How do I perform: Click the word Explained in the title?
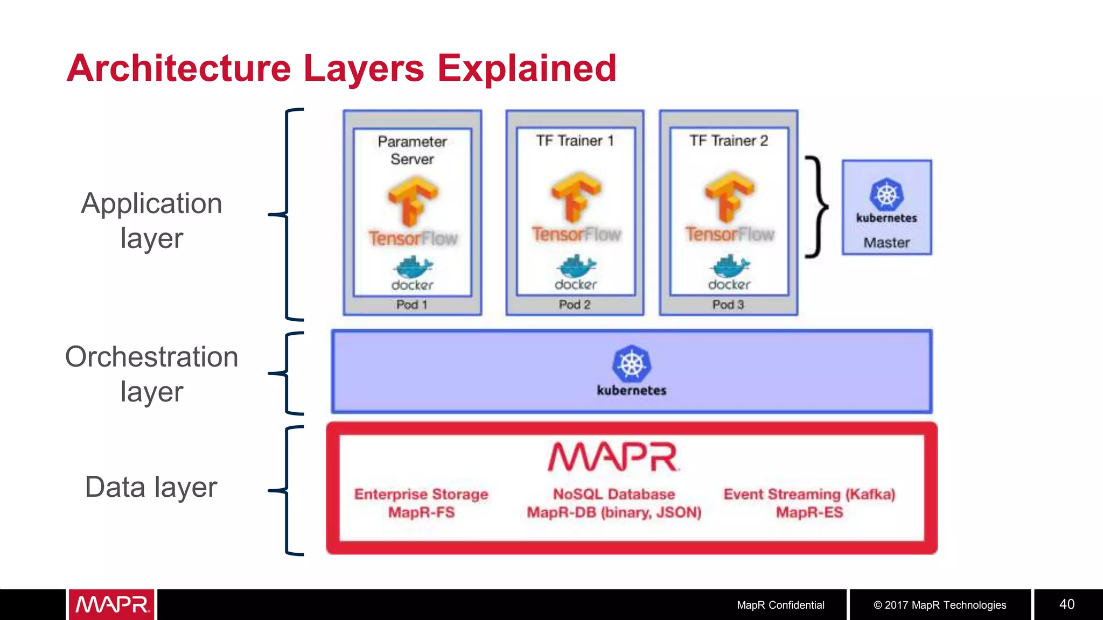tap(526, 68)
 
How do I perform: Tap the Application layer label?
tap(151, 221)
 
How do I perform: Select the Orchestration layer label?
tap(151, 374)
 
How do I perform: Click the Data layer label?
tap(151, 487)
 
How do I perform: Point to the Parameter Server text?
tap(412, 150)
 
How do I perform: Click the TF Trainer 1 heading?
tap(575, 141)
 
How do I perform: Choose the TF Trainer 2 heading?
tap(729, 141)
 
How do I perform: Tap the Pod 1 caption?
tap(411, 305)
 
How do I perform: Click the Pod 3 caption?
tap(728, 305)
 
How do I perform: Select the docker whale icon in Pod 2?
tap(576, 266)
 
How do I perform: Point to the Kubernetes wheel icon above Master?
tap(886, 194)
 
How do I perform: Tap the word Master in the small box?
tap(886, 243)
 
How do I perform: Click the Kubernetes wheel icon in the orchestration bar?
tap(631, 364)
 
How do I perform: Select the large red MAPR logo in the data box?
tap(613, 457)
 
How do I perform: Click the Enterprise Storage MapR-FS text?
tap(421, 503)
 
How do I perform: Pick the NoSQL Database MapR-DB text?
tap(614, 503)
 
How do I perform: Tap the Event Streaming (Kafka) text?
tap(809, 495)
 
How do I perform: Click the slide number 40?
tap(1067, 604)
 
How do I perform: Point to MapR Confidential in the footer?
tap(780, 605)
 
